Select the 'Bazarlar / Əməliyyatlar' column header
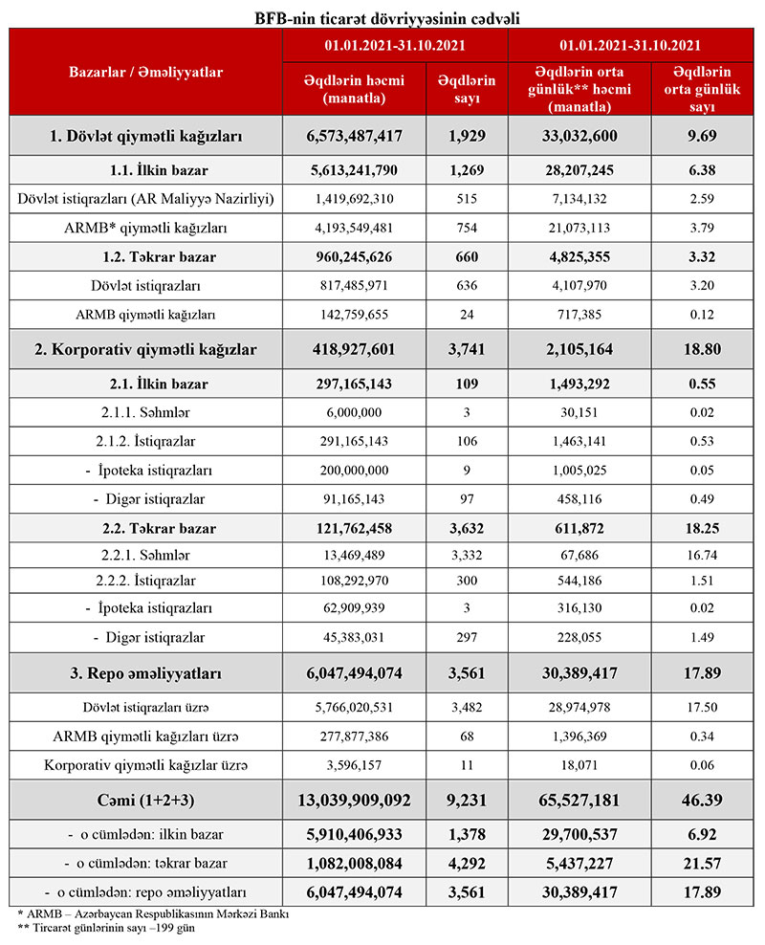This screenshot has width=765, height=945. click(x=145, y=72)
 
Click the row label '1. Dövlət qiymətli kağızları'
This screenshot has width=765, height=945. click(x=145, y=137)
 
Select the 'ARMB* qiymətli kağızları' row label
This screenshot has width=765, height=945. click(x=145, y=227)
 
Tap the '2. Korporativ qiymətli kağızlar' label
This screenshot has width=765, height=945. click(x=145, y=349)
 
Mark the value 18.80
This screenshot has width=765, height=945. click(x=703, y=349)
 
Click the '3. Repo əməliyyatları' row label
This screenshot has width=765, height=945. click(x=145, y=673)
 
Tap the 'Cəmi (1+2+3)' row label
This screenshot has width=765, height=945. click(x=145, y=798)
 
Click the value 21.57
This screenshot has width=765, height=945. click(x=703, y=863)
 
